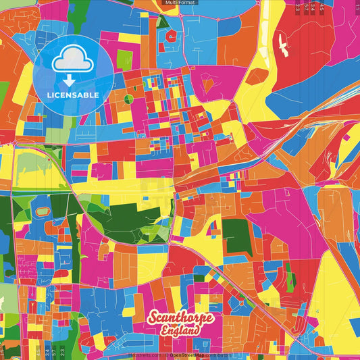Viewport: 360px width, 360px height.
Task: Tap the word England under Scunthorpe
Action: [180, 331]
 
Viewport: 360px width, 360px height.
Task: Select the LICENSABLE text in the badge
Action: [73, 95]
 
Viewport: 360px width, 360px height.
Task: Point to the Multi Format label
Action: [179, 3]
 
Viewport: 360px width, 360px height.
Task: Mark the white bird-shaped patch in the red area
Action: [280, 43]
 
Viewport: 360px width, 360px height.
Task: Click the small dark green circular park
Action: [128, 99]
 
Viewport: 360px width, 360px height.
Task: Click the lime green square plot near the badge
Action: [124, 59]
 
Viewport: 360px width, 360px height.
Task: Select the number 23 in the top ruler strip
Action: [298, 8]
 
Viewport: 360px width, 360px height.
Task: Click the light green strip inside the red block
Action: [290, 276]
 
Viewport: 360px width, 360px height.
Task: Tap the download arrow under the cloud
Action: [72, 78]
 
